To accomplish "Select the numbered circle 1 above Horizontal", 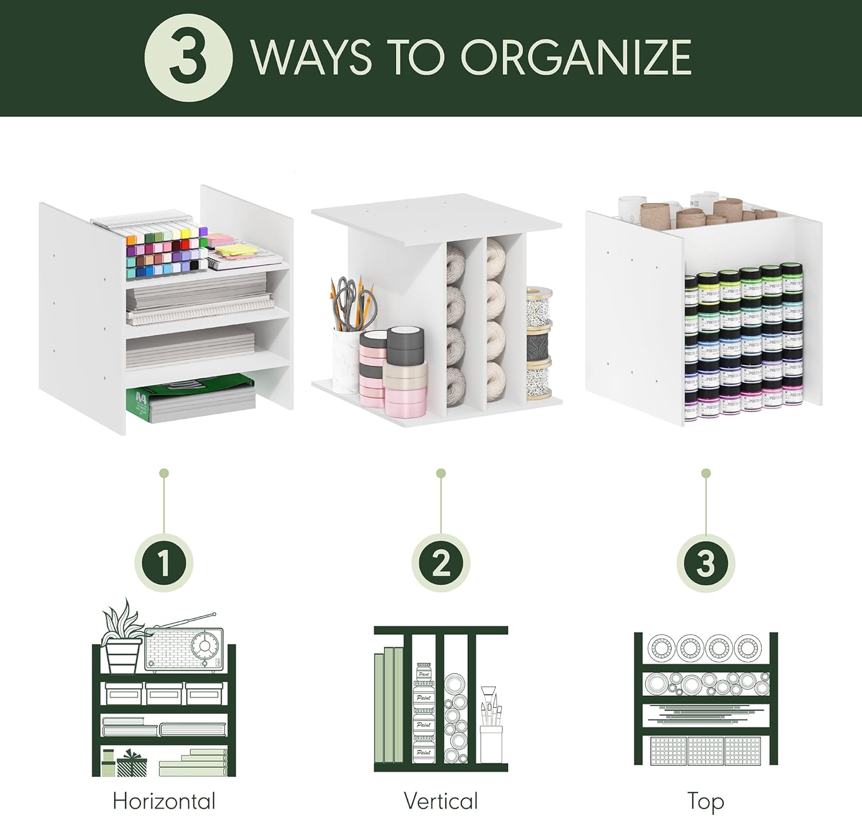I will click(x=164, y=562).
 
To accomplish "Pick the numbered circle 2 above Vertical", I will click(x=441, y=562).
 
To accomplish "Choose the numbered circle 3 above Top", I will click(x=706, y=562).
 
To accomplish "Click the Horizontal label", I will click(x=164, y=800).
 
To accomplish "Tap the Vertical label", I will click(x=441, y=800).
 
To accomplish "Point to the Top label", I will click(x=706, y=800).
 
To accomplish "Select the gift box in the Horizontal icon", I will click(x=132, y=764).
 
